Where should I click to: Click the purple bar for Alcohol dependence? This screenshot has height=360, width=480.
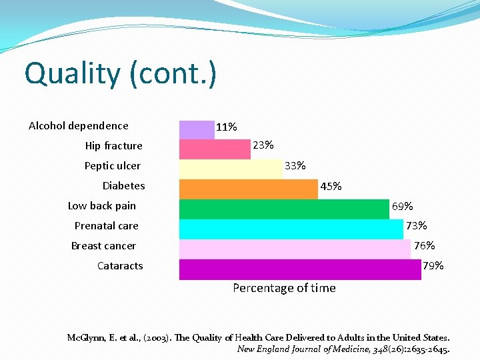pyautogui.click(x=197, y=129)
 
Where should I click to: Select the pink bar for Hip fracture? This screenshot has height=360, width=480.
pyautogui.click(x=215, y=149)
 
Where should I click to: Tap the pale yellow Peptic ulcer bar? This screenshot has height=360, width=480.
pyautogui.click(x=231, y=169)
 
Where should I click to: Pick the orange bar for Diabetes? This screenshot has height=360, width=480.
pyautogui.click(x=249, y=189)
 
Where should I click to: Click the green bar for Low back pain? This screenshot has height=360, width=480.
pyautogui.click(x=284, y=209)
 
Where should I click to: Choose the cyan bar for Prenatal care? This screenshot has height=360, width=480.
pyautogui.click(x=291, y=229)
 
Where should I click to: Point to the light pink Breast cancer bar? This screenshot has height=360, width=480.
pyautogui.click(x=295, y=249)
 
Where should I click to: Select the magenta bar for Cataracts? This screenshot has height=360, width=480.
pyautogui.click(x=300, y=269)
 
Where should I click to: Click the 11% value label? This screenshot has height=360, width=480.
pyautogui.click(x=227, y=127)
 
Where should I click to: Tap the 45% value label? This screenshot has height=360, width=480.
pyautogui.click(x=331, y=187)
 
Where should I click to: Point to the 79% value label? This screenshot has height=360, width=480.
pyautogui.click(x=433, y=266)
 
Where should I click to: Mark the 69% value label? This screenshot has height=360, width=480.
pyautogui.click(x=402, y=207)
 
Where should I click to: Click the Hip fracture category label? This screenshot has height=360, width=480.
pyautogui.click(x=113, y=146)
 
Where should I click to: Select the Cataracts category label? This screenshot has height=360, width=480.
pyautogui.click(x=120, y=266)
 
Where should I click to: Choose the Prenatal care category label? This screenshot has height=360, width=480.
pyautogui.click(x=106, y=226)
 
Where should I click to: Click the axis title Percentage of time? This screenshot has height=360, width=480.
pyautogui.click(x=284, y=288)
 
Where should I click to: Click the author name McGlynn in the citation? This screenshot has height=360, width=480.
pyautogui.click(x=85, y=338)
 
